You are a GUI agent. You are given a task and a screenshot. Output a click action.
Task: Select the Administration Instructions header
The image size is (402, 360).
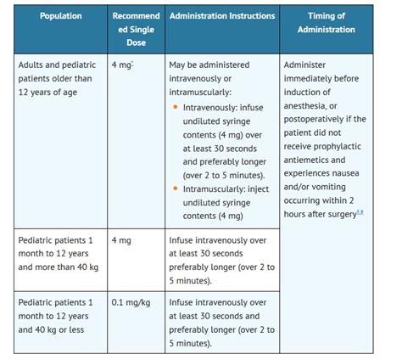click(x=222, y=16)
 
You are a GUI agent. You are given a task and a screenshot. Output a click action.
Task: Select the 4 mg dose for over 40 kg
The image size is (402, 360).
click(x=122, y=240)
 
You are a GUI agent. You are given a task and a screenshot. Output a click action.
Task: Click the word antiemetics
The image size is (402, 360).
click(x=314, y=160)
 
